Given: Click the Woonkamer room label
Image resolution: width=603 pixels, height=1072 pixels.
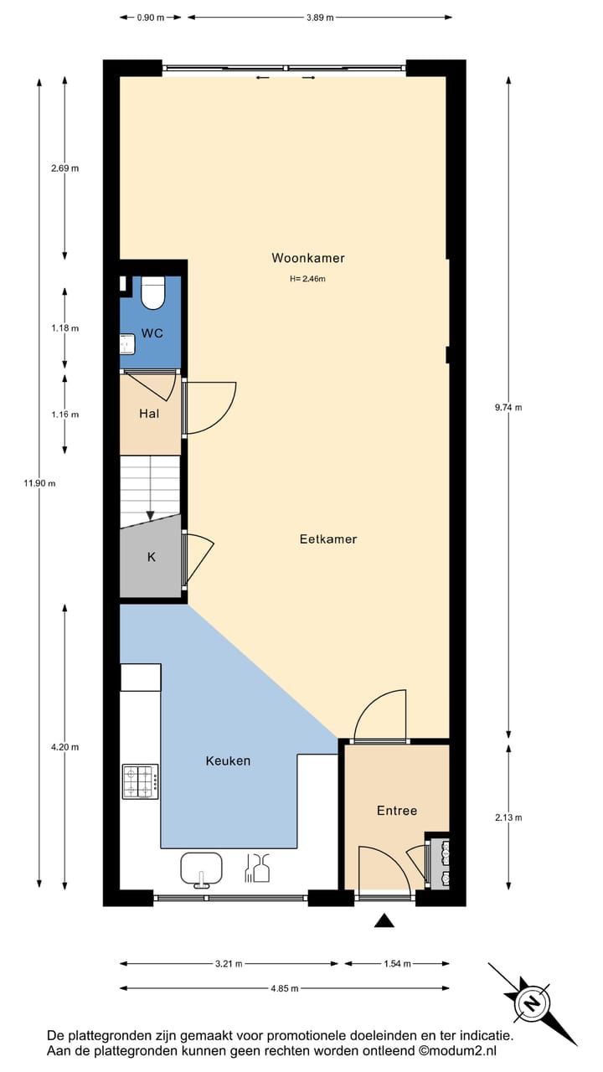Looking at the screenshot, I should point(307,258).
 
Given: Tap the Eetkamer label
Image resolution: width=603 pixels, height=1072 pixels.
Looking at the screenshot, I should point(328,539).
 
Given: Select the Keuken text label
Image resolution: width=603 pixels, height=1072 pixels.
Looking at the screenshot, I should point(228,761).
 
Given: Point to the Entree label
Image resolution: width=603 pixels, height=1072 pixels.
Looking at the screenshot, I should point(396,811).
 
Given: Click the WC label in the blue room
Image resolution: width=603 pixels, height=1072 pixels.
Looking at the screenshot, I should point(152,333).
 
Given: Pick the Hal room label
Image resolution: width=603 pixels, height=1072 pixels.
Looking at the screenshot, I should point(149,413).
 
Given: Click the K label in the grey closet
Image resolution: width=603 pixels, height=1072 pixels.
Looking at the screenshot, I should point(152,557).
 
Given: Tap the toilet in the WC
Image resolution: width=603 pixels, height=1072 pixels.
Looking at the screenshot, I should point(153,292).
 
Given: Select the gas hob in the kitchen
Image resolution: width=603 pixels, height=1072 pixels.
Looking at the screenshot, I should point(141,781).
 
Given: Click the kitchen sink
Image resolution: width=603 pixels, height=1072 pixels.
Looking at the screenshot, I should point(201,868).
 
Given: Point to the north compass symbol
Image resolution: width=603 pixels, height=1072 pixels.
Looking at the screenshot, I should point(531,1002).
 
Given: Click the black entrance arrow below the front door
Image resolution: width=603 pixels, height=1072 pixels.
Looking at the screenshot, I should point(384,921).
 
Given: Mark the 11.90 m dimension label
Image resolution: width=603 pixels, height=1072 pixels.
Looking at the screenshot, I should point(39,483).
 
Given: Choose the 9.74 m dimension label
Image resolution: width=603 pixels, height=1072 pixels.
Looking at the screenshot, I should point(508,408).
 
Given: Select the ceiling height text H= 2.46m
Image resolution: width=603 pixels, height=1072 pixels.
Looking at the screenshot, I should point(307,279).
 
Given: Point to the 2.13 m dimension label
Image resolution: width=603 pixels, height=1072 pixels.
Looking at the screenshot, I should point(508,817).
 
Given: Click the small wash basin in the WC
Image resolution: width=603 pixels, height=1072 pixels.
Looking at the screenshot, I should point(126,343).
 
